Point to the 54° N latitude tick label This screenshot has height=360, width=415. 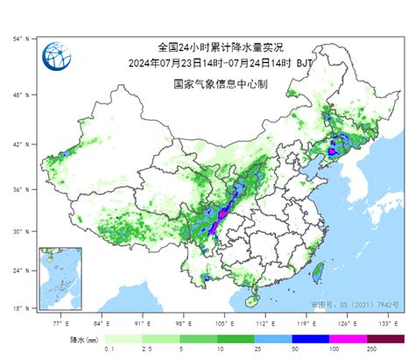[22, 39]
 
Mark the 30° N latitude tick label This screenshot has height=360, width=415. [22, 232]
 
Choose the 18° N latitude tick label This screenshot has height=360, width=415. [22, 308]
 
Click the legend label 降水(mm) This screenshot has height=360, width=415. [84, 337]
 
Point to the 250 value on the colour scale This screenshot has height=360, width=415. [372, 349]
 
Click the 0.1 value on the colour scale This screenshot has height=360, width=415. [108, 349]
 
